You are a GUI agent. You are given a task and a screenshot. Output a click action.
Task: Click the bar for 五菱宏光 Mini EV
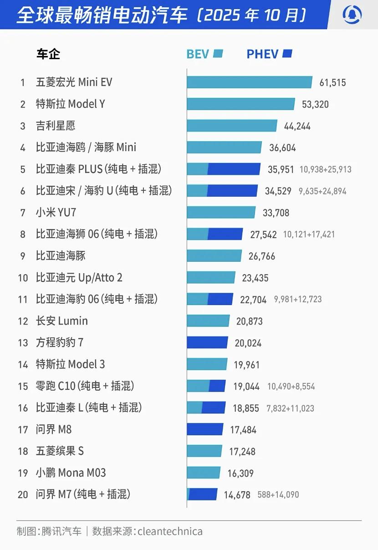point(249,82)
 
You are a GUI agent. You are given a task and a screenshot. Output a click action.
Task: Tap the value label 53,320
point(315,104)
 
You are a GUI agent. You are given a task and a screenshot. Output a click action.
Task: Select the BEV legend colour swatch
point(218,54)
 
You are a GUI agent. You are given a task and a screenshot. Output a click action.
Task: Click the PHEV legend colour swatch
point(287,54)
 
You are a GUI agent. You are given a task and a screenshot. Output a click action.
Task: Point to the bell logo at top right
point(352,15)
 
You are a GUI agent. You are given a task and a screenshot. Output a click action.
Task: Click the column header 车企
point(48,54)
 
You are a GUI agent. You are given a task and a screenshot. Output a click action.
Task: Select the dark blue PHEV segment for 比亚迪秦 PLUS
point(234,169)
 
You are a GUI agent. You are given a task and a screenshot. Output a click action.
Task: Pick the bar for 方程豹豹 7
point(207,342)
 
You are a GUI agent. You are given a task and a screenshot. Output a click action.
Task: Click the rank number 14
point(23,364)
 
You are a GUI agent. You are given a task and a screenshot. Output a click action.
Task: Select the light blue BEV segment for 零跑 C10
point(198,386)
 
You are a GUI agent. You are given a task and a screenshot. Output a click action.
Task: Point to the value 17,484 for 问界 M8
point(243,430)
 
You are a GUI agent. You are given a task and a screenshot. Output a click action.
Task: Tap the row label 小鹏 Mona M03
point(71,473)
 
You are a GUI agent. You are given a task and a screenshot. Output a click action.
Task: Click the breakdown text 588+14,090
point(278,494)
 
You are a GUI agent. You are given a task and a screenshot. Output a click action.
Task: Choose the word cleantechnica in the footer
point(170,531)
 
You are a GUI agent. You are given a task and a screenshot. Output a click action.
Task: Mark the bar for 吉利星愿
point(232,126)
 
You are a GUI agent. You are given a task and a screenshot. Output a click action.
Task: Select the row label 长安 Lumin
point(61,321)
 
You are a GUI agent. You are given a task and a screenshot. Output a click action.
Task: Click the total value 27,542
point(263,234)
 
